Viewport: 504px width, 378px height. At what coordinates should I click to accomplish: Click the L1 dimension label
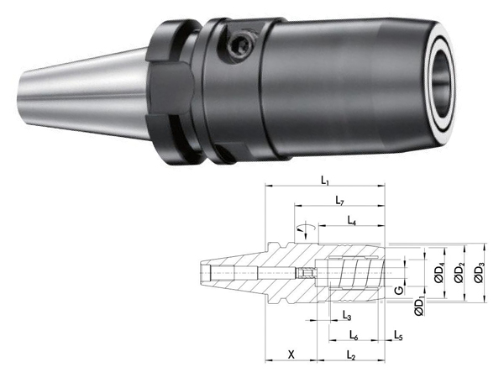pyautogui.click(x=325, y=181)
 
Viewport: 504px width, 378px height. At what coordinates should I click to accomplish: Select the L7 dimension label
pyautogui.click(x=339, y=201)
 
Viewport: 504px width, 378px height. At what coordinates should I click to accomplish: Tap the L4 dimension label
pyautogui.click(x=352, y=220)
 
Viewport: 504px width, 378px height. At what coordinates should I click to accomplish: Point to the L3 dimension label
pyautogui.click(x=346, y=316)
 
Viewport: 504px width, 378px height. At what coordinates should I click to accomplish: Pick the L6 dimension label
pyautogui.click(x=354, y=335)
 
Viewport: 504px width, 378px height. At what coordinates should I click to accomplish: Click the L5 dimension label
pyautogui.click(x=398, y=335)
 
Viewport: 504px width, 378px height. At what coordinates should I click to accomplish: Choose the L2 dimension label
pyautogui.click(x=351, y=355)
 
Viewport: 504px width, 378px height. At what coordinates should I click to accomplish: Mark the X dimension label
pyautogui.click(x=291, y=354)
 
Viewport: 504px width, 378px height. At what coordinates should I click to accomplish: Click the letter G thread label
pyautogui.click(x=399, y=291)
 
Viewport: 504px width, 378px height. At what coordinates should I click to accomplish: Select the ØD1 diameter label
pyautogui.click(x=419, y=307)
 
